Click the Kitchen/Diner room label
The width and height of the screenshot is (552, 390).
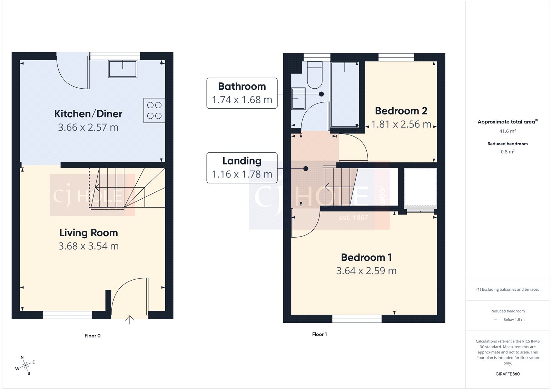[88, 114]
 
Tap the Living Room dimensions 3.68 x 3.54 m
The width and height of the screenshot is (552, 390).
[88, 246]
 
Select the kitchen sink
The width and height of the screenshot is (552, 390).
[123, 69]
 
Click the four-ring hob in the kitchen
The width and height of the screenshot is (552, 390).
[154, 110]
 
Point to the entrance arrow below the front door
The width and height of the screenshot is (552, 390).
[129, 320]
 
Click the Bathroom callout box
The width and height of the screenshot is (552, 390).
[242, 93]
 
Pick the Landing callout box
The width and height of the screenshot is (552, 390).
[242, 168]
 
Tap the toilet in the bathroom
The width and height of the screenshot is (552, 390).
[314, 75]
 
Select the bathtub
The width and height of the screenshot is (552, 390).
[344, 94]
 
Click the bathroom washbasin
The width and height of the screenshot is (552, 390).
[298, 98]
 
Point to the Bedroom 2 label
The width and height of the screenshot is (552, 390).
[401, 111]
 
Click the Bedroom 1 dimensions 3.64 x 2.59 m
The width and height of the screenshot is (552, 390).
[366, 271]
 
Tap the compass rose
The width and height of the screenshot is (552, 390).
[25, 366]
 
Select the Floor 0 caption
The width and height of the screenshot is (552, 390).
[92, 336]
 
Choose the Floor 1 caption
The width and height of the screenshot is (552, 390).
[319, 334]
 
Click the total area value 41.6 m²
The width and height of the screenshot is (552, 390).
[507, 131]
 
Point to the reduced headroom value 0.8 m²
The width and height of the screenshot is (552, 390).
[507, 152]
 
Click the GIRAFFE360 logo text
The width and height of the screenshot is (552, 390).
[507, 374]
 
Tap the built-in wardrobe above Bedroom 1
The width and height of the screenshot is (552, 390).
[420, 188]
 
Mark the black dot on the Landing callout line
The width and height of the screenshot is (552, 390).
[306, 169]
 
